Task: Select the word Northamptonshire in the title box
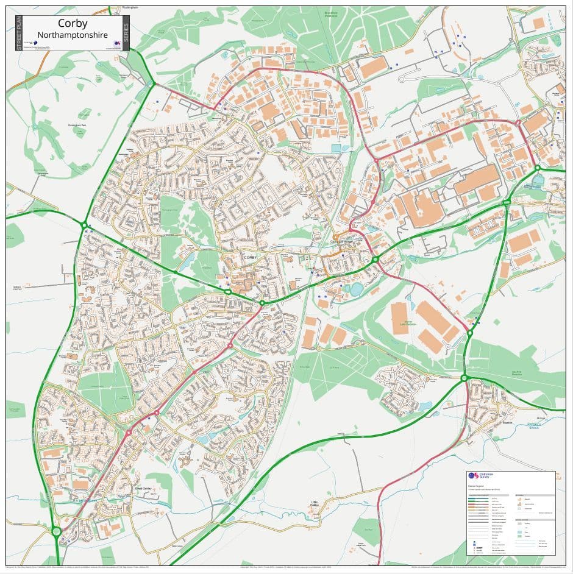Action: (72, 35)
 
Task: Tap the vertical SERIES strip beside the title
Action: (126, 33)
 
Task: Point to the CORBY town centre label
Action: (251, 258)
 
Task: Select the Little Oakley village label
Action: (315, 504)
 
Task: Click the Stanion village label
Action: (509, 422)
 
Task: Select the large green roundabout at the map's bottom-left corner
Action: (57, 532)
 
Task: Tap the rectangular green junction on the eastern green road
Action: (507, 202)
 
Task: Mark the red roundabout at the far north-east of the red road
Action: (518, 122)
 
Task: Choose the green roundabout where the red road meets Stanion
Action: (464, 378)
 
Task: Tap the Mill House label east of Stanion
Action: (542, 417)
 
